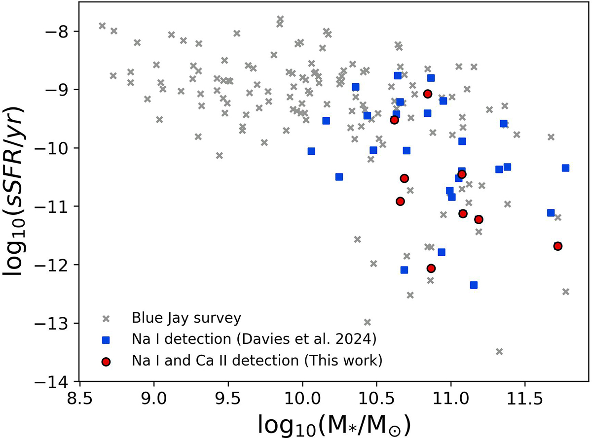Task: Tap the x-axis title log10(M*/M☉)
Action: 334,422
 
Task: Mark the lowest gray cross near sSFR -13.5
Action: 499,351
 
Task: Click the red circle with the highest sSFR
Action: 428,94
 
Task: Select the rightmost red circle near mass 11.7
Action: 558,246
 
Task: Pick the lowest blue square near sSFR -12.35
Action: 474,285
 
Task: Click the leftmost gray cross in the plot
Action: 102,26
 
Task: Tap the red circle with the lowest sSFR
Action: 431,268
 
